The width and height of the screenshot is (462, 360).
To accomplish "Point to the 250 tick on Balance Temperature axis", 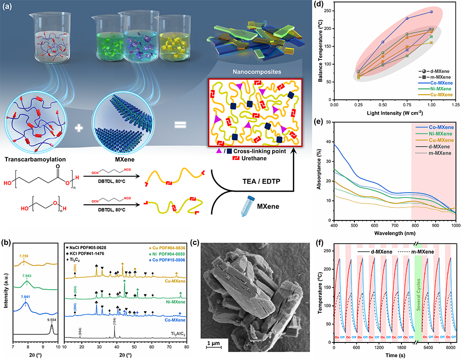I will click(x=327, y=10).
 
